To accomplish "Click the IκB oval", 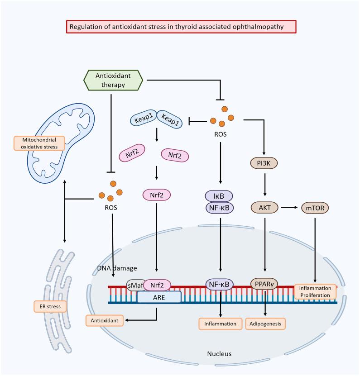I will coord(219,195).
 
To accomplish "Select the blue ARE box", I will coord(158,297).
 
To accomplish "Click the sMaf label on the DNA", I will coord(134,286).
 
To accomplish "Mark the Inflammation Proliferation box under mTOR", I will coord(316,292).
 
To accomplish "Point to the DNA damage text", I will coord(117,268).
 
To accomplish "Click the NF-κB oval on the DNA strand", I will coord(219,285).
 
